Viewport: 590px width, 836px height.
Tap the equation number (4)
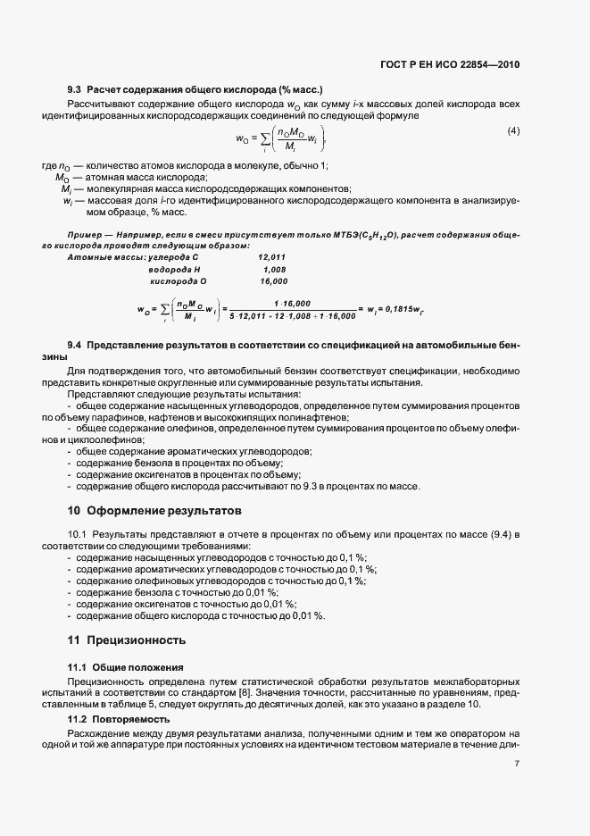[x=513, y=131]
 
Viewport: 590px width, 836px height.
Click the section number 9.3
[x=75, y=90]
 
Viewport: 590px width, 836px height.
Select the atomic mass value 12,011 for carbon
[x=271, y=257]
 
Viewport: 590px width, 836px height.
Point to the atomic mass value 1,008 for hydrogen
[x=274, y=269]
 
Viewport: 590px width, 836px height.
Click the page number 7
[x=517, y=764]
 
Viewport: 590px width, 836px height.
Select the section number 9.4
[x=75, y=345]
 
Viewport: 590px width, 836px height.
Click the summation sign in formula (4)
[x=263, y=138]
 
